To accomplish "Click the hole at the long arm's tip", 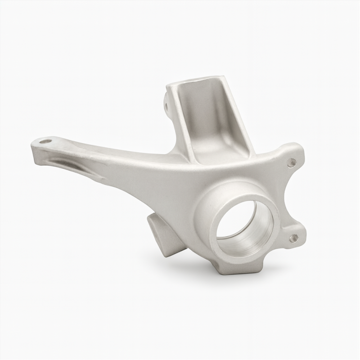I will coord(45,141).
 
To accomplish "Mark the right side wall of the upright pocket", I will coord(234,112).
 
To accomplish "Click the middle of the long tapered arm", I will coord(112,162).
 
